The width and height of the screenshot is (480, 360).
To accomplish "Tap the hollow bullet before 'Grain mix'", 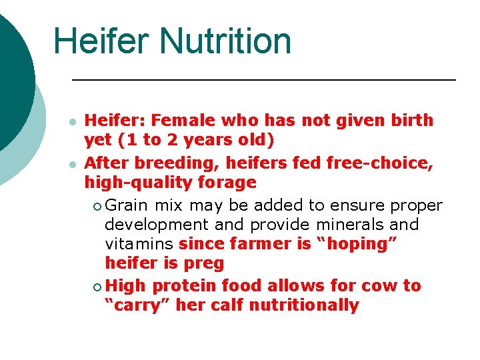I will tap(98, 205).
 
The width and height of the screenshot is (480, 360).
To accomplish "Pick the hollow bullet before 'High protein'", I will tap(98, 287).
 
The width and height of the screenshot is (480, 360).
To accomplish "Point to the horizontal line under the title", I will tap(263, 80).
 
